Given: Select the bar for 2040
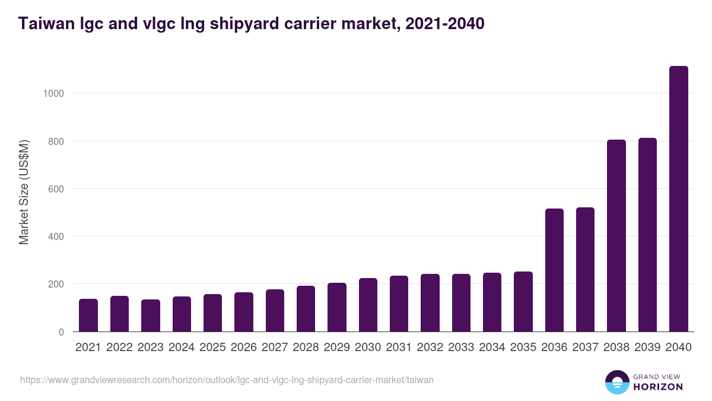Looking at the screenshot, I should [678, 199].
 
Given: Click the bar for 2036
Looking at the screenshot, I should [554, 270].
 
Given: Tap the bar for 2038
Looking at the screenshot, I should [616, 236].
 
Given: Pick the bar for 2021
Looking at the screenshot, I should [88, 315].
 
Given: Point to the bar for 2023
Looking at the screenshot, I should [151, 316].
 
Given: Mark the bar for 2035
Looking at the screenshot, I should [523, 302].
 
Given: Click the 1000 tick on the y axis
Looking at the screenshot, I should [53, 93].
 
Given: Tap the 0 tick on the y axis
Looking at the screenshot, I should [60, 332].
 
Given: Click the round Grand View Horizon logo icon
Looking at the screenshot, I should [616, 382].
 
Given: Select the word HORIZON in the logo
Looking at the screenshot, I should [659, 387].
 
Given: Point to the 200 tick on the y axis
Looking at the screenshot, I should [55, 284].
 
